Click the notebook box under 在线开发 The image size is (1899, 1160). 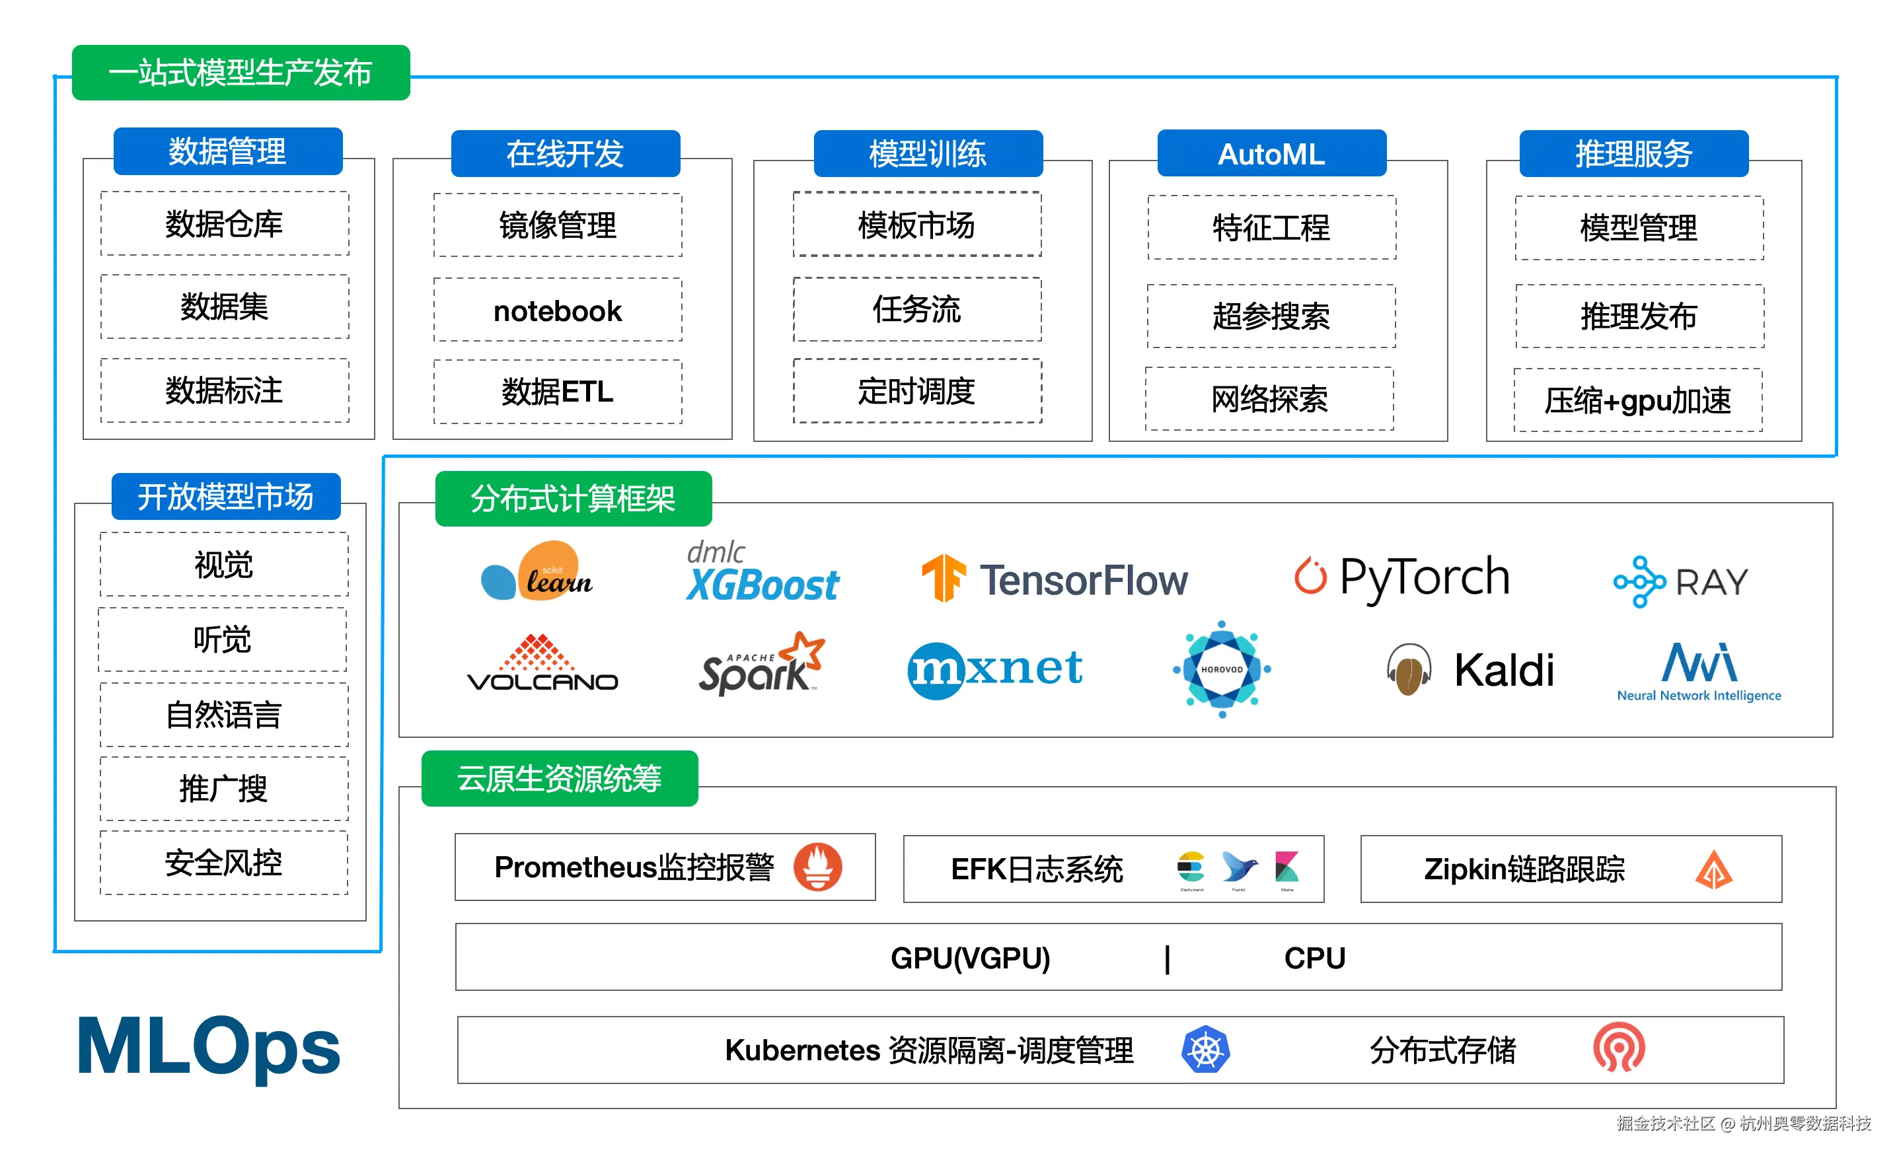click(x=557, y=310)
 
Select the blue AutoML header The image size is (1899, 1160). click(x=1272, y=154)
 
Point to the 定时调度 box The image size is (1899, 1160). click(x=916, y=391)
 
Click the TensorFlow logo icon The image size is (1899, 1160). click(x=943, y=578)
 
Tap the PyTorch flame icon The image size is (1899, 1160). click(x=1310, y=577)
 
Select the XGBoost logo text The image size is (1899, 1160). click(x=763, y=584)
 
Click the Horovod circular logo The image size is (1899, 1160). click(x=1222, y=669)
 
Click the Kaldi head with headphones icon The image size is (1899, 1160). click(x=1409, y=669)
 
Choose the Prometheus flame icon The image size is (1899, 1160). click(x=818, y=866)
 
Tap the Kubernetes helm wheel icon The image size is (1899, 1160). click(x=1205, y=1049)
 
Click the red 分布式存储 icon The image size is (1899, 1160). click(x=1620, y=1048)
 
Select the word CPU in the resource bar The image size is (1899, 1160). click(x=1314, y=958)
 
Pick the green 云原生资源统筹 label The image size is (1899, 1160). click(x=560, y=778)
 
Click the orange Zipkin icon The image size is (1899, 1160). click(x=1713, y=870)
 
